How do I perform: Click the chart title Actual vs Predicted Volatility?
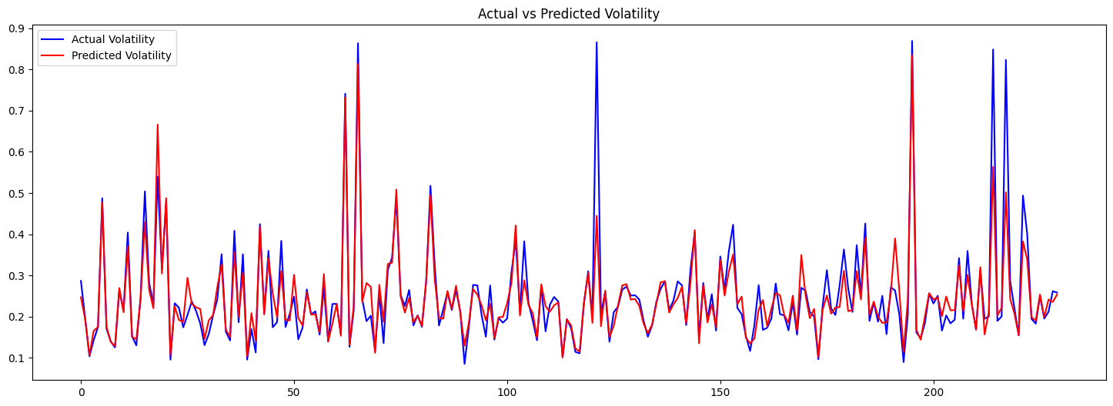click(x=568, y=14)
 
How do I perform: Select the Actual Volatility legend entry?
click(x=113, y=39)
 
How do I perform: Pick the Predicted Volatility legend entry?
click(x=121, y=55)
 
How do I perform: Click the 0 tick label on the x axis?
click(x=81, y=392)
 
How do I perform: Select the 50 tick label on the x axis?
click(x=294, y=392)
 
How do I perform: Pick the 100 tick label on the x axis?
click(x=507, y=392)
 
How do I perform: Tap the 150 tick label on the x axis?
click(x=720, y=392)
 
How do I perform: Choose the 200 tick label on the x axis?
click(x=934, y=392)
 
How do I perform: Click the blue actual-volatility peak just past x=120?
click(x=597, y=43)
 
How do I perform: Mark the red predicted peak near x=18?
click(x=158, y=125)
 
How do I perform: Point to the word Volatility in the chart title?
click(x=633, y=14)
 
